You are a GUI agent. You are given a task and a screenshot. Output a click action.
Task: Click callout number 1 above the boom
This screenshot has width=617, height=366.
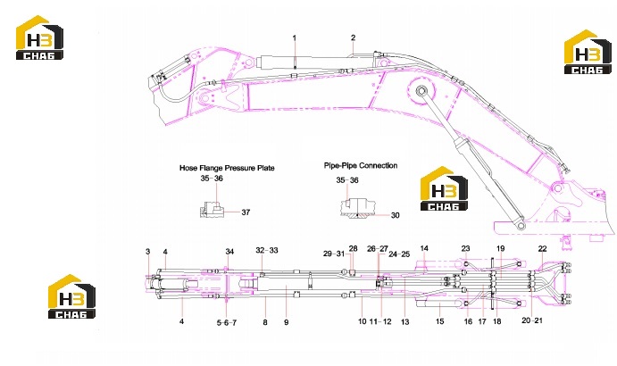click(295, 38)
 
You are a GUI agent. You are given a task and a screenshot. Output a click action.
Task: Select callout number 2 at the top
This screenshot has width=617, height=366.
click(353, 37)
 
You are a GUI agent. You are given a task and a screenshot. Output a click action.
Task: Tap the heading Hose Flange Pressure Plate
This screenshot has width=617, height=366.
click(227, 168)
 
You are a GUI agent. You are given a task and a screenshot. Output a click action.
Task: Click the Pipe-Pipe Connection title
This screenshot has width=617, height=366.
click(361, 165)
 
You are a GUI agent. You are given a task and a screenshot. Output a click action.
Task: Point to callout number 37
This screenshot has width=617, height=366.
click(246, 212)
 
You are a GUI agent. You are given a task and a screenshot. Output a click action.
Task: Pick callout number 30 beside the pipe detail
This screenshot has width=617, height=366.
click(395, 215)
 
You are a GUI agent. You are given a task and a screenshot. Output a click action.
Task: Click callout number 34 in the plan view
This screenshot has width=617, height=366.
click(229, 251)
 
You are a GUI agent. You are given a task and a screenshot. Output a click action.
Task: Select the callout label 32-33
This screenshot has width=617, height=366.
click(267, 250)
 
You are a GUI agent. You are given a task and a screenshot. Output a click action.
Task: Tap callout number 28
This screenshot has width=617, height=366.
click(353, 249)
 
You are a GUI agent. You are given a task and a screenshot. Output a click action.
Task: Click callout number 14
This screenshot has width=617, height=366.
click(424, 248)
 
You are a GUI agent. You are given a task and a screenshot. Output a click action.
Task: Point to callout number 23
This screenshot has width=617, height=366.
click(465, 248)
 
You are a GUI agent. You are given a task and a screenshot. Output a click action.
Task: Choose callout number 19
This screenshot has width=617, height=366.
click(500, 248)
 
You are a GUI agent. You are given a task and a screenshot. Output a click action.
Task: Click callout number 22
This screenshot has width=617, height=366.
click(542, 249)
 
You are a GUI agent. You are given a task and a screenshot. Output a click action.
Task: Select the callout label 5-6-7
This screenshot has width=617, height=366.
click(227, 323)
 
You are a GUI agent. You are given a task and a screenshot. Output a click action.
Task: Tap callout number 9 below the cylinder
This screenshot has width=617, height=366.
click(286, 322)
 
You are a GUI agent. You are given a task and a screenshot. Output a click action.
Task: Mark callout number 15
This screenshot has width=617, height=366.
click(439, 321)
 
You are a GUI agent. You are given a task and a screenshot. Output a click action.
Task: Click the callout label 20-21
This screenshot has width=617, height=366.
click(532, 320)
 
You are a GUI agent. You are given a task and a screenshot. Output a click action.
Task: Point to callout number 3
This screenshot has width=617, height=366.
click(148, 252)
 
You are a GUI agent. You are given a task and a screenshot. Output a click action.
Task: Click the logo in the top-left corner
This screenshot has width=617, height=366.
click(39, 37)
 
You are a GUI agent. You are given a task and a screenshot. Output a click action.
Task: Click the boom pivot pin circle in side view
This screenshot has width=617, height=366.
click(421, 91)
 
